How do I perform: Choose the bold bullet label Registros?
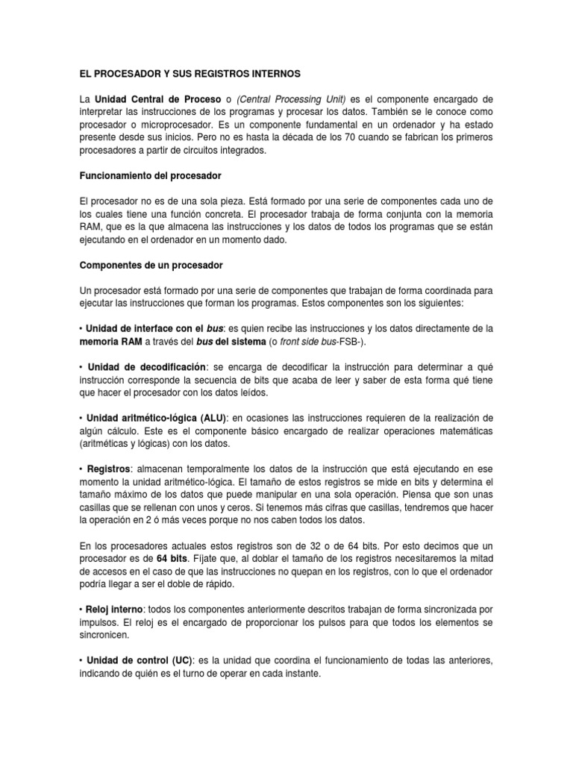coord(109,469)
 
